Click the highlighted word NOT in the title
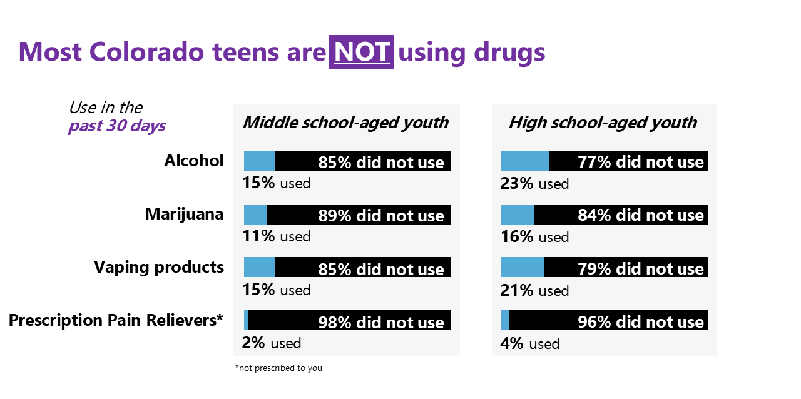361,52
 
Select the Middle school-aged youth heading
345,123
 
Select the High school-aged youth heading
603,123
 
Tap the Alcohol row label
193,161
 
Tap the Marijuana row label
184,214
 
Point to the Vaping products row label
159,267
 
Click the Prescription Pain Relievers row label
116,320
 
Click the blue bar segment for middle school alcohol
259,161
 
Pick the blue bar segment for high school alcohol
524,161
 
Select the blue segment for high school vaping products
523,268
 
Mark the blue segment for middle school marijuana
255,215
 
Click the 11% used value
276,236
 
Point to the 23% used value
534,184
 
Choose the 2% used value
271,343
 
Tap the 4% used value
529,344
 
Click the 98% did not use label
381,323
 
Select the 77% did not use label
641,163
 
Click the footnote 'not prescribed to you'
278,368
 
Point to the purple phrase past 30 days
117,126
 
